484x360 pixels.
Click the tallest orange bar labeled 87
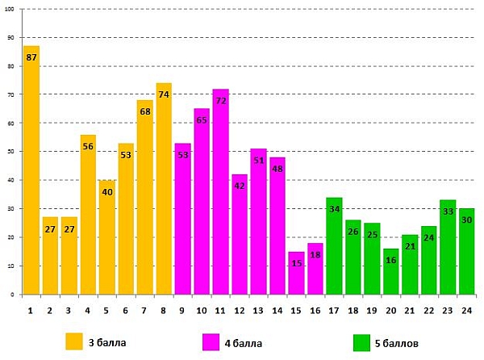31,170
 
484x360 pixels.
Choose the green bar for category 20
391,271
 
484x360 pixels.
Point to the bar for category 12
240,234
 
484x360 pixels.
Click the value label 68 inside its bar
145,111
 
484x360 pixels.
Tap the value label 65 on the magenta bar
202,120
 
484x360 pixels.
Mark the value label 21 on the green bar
411,246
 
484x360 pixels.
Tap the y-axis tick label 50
11,152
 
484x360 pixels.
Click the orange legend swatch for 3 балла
74,341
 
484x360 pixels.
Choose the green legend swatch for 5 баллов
362,342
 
